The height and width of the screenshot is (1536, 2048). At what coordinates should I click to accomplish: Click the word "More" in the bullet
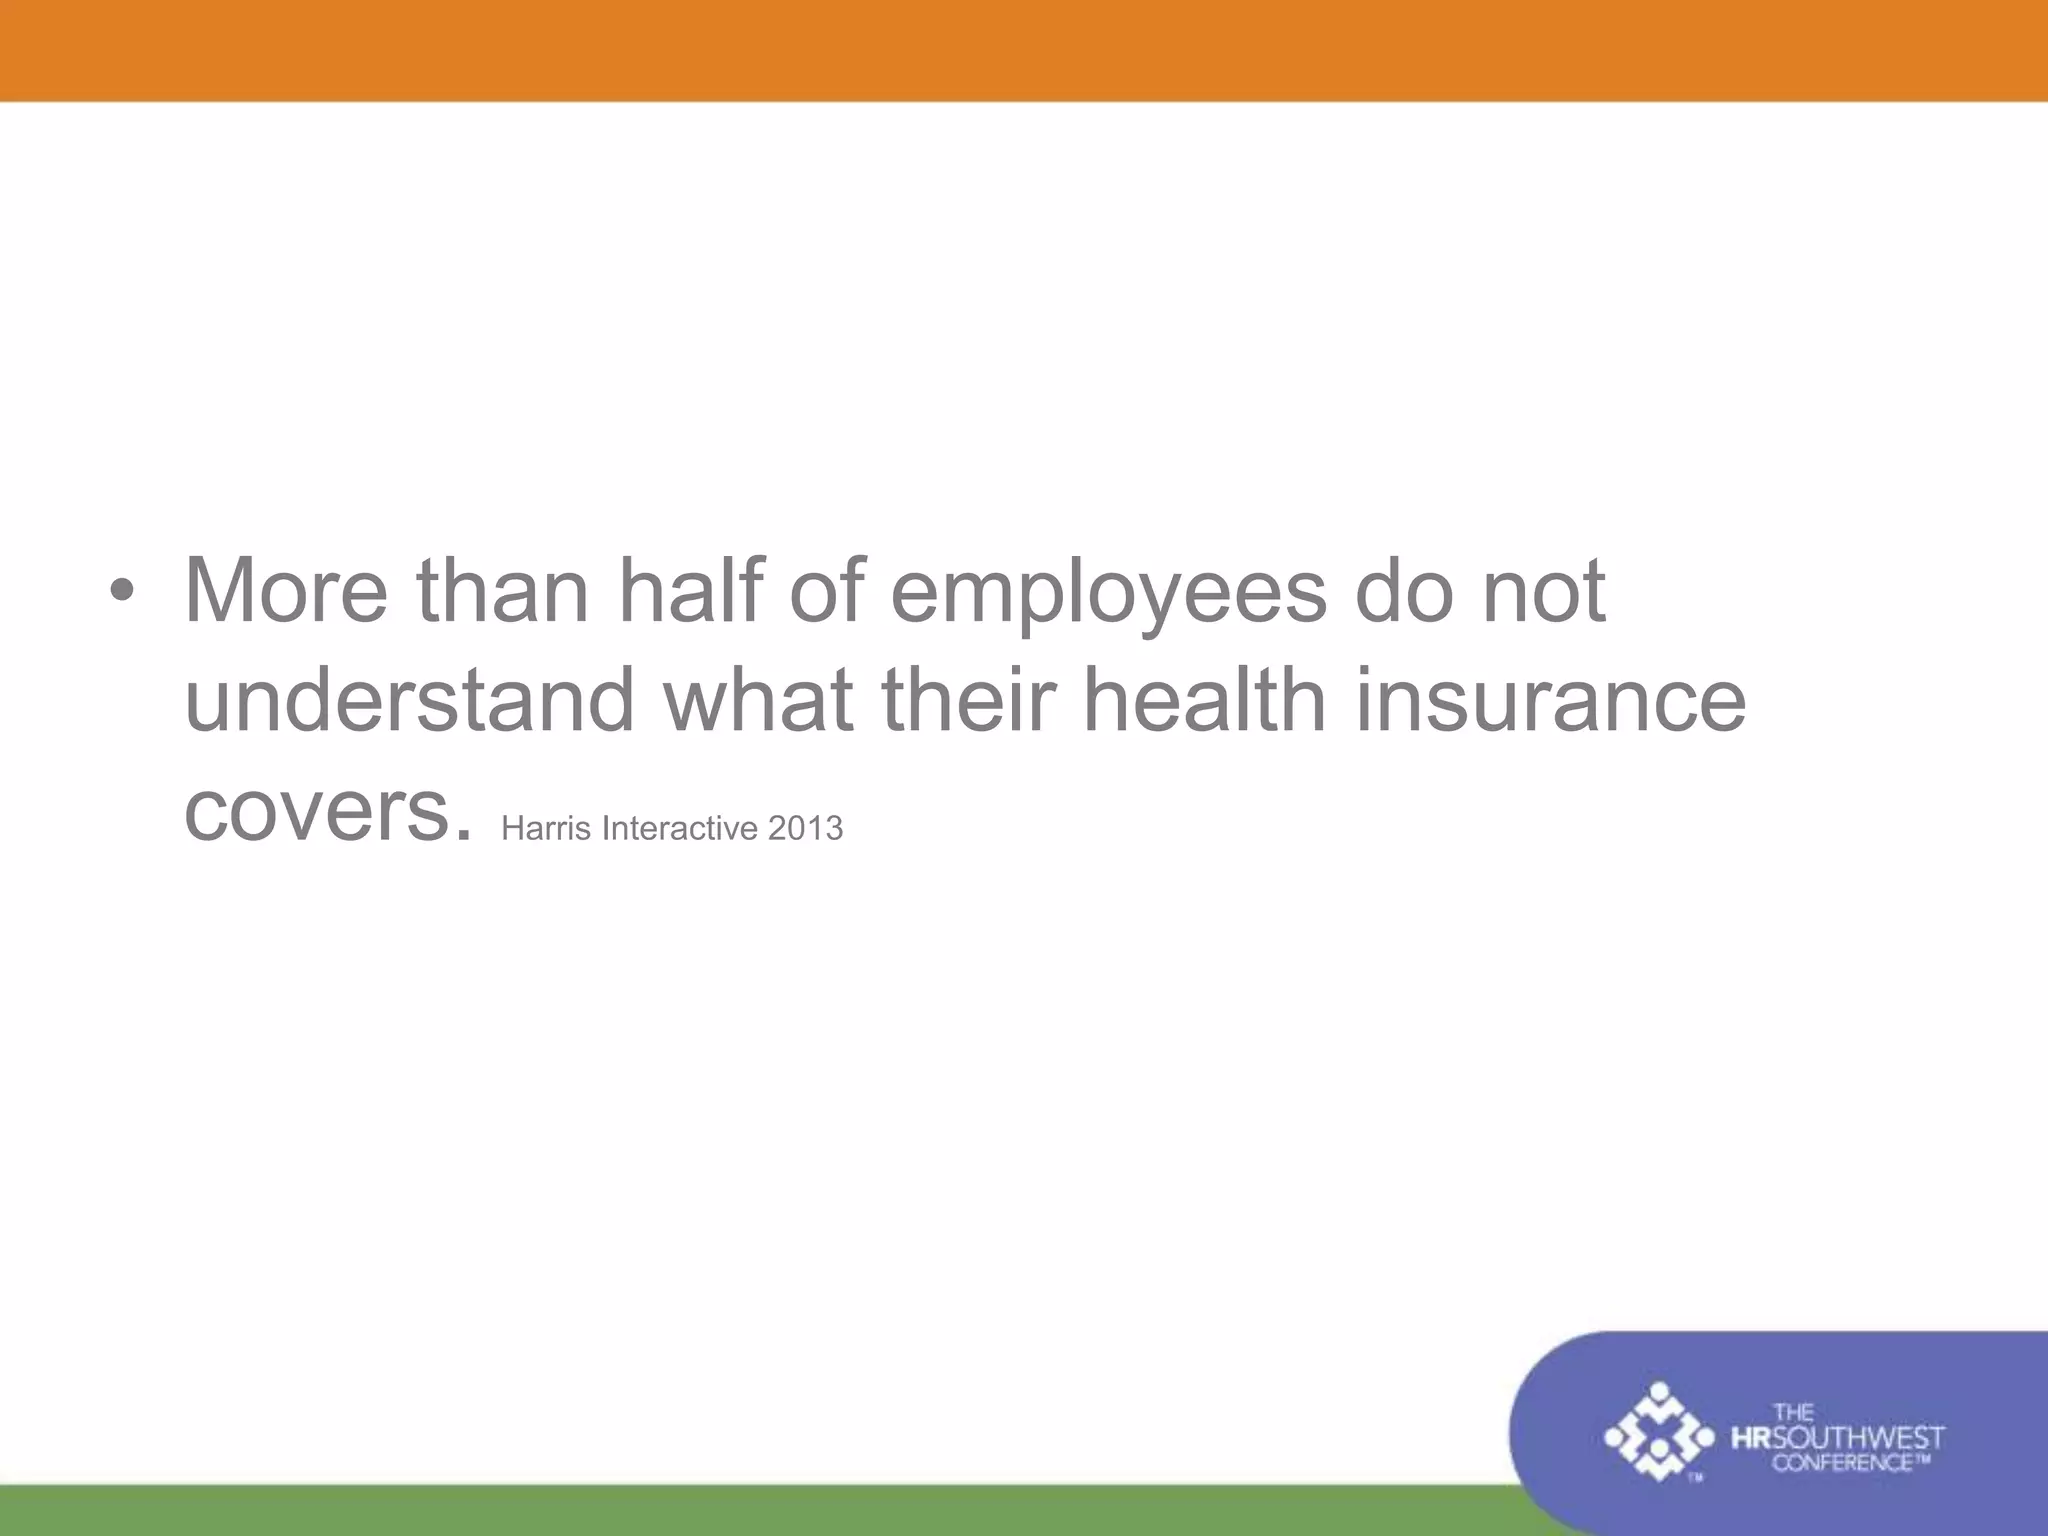[x=286, y=591]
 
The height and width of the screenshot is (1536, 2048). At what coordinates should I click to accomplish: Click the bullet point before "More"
[x=121, y=592]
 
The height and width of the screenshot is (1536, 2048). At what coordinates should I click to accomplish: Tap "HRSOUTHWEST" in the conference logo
[x=1837, y=1439]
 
